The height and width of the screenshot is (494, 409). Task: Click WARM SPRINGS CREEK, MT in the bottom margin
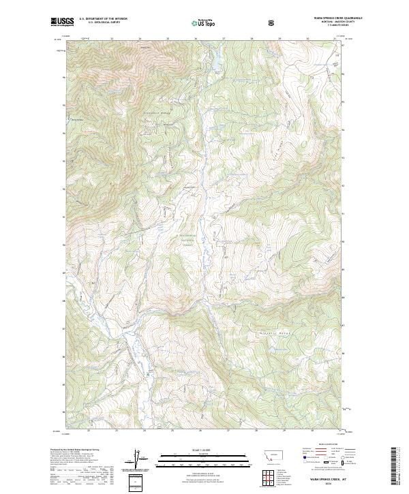click(324, 481)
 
